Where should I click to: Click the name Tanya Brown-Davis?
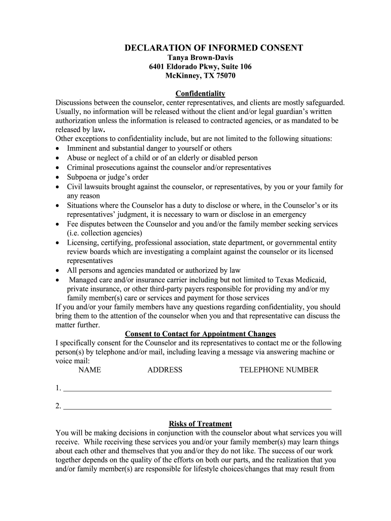(x=200, y=57)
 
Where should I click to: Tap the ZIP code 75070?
(x=225, y=76)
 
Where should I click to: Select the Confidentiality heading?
(x=200, y=94)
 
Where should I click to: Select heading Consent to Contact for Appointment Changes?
(x=200, y=334)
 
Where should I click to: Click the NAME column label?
(x=89, y=370)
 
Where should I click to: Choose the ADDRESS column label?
(x=165, y=370)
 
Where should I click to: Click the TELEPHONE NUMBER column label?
(x=279, y=370)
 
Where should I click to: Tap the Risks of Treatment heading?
(x=200, y=424)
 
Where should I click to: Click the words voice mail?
(x=73, y=361)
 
